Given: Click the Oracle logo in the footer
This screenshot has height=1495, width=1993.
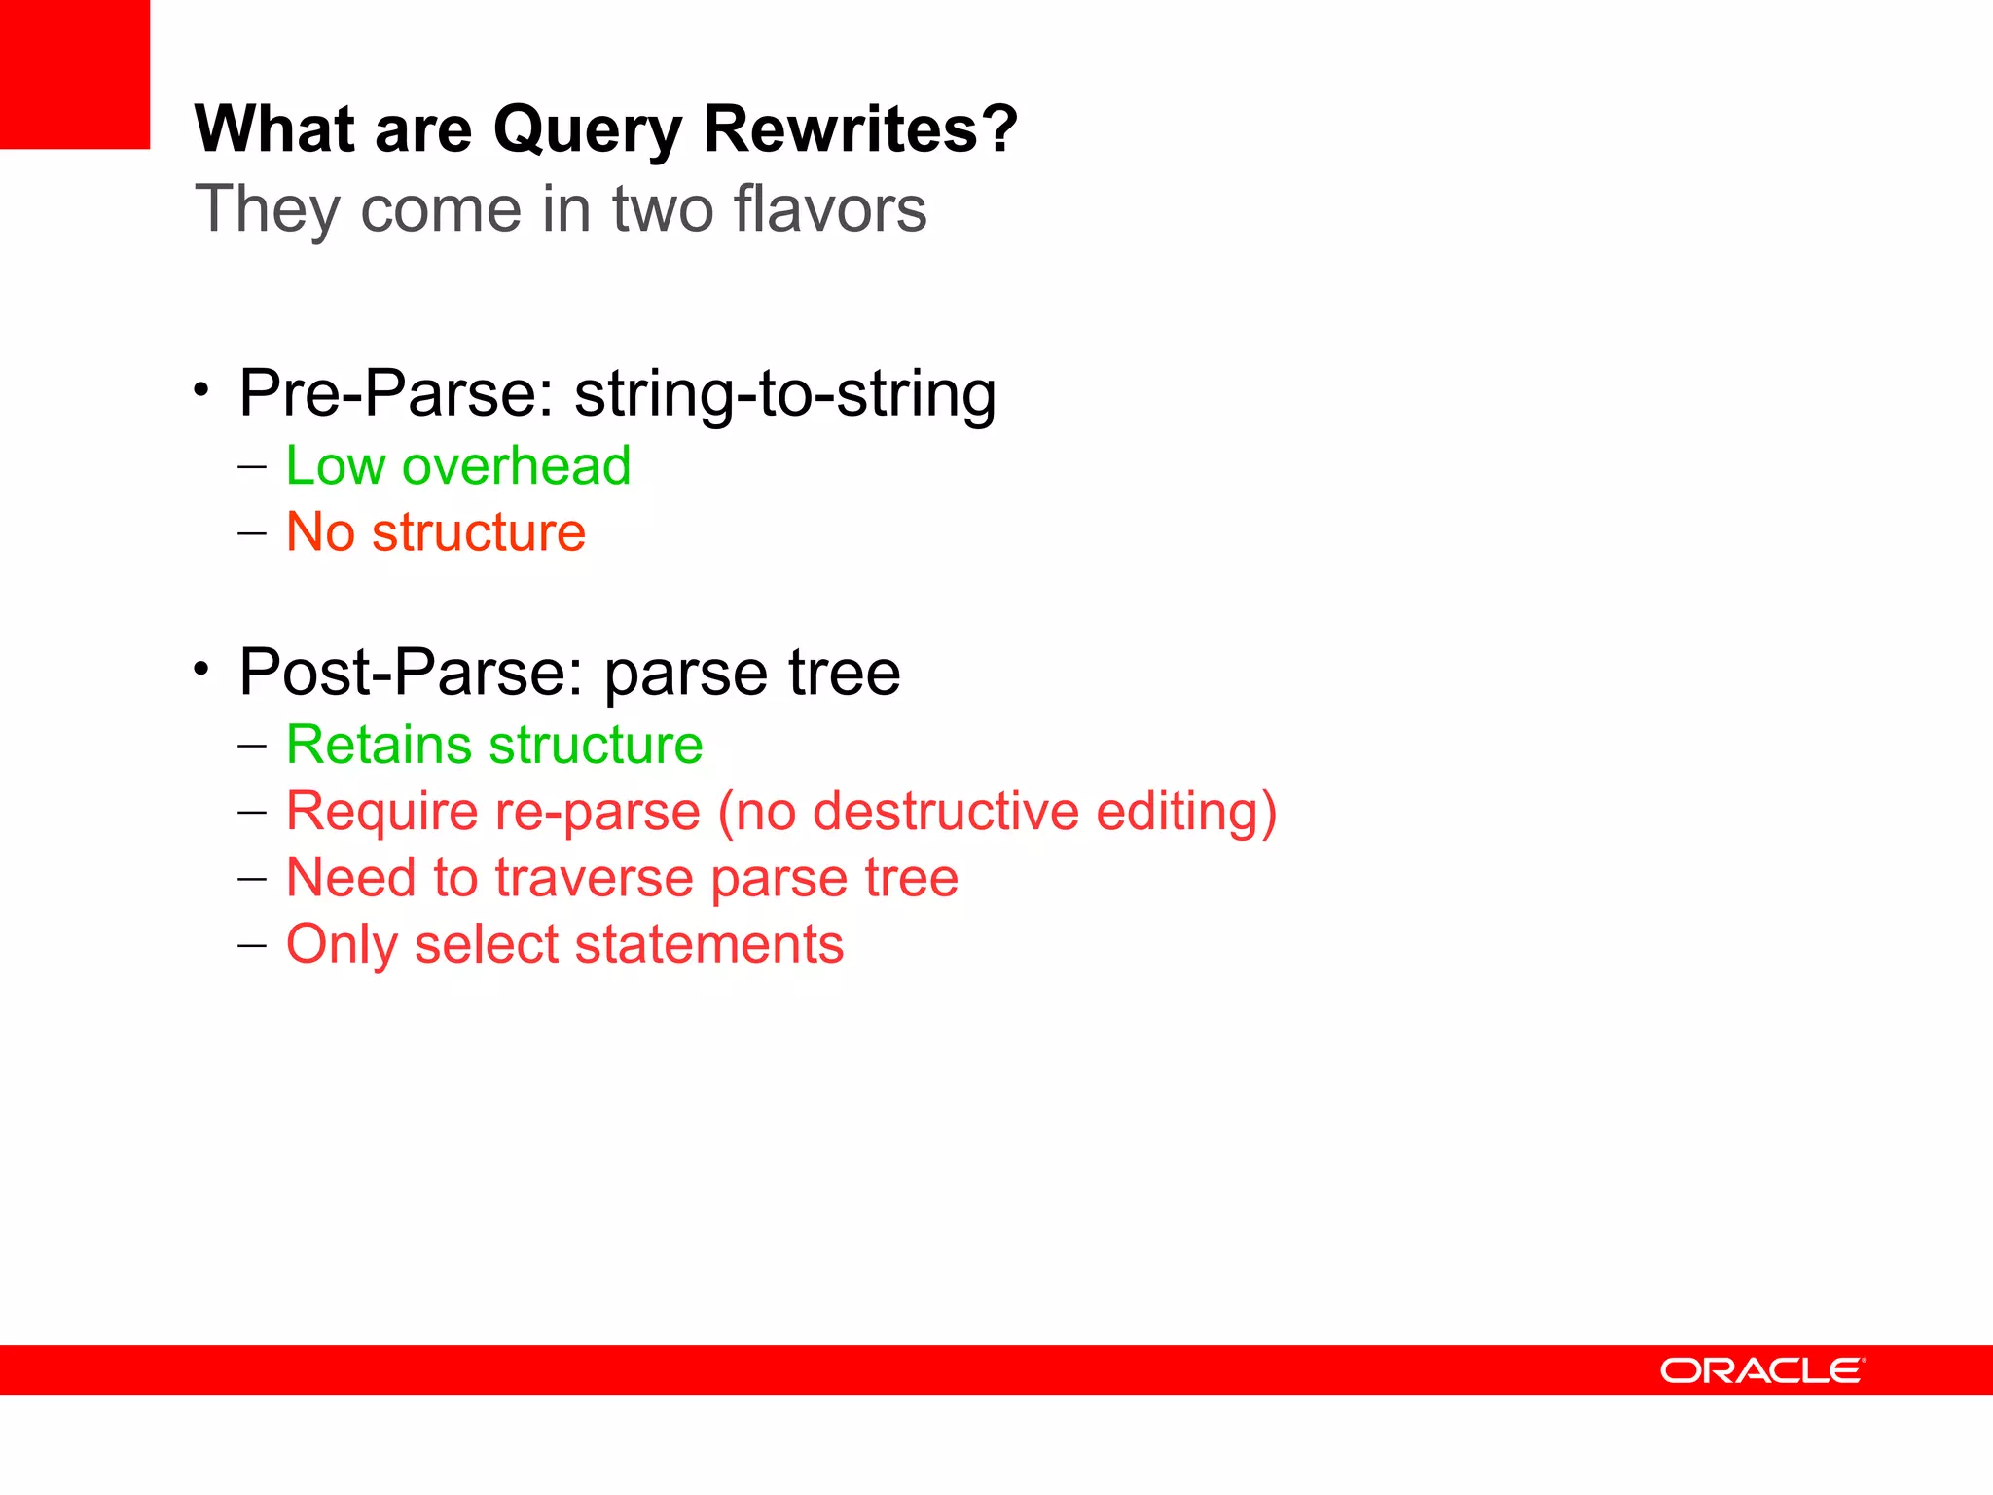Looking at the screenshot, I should click(x=1762, y=1370).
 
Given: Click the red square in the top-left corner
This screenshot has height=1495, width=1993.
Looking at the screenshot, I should click(x=75, y=74).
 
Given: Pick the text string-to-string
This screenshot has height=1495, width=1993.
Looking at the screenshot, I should click(x=784, y=393).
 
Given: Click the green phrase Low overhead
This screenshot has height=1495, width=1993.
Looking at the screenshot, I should click(x=457, y=465).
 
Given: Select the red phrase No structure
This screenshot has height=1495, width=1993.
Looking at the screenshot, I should click(x=435, y=531).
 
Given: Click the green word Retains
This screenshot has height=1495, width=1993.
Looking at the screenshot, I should click(x=379, y=745).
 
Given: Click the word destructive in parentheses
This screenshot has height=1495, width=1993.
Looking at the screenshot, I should click(x=945, y=811).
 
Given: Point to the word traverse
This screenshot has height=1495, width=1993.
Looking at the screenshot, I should click(x=594, y=878).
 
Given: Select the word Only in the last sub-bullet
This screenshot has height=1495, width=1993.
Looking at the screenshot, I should click(x=342, y=945).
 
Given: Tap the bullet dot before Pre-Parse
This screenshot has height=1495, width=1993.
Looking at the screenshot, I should click(x=201, y=390).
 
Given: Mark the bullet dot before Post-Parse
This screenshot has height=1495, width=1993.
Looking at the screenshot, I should click(x=201, y=670).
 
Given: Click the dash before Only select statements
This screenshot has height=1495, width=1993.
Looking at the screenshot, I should click(x=252, y=945).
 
